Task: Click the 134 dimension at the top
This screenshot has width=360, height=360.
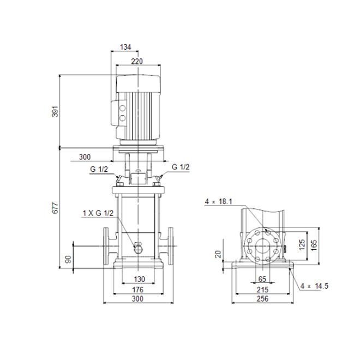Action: [x=125, y=47]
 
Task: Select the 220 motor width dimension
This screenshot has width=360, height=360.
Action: [x=137, y=61]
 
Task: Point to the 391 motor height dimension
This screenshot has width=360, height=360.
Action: [x=56, y=112]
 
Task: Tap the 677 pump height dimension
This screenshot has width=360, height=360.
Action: [x=56, y=208]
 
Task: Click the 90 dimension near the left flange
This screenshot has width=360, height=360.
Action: [x=68, y=259]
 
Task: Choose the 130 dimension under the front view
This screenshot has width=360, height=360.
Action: [x=139, y=279]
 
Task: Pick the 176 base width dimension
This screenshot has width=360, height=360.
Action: [x=138, y=290]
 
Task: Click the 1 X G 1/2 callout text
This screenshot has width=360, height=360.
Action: [x=98, y=213]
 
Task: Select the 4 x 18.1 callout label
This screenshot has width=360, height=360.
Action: [x=219, y=202]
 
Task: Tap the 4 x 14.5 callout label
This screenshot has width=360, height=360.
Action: [x=315, y=286]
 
